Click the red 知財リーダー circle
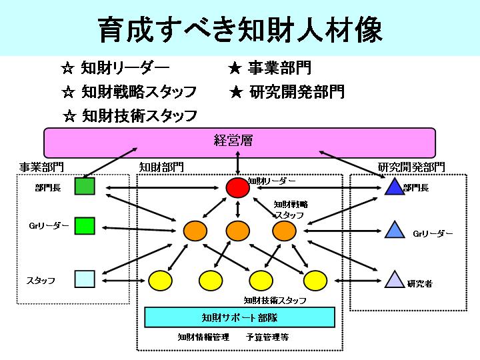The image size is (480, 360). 237,187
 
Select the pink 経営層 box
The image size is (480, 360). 240,143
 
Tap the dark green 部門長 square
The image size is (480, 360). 85,186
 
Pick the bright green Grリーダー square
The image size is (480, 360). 85,226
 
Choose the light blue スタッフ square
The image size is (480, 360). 85,279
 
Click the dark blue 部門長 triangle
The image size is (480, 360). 394,187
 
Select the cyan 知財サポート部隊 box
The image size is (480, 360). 240,317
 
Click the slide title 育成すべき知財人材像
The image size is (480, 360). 240,30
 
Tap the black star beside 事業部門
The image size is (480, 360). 235,68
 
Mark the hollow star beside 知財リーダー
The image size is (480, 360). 67,68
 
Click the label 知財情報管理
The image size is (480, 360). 203,337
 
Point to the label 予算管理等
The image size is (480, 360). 267,337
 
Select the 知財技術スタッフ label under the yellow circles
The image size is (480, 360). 275,300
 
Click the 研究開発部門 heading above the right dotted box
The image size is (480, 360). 411,167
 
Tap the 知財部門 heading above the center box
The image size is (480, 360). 161,167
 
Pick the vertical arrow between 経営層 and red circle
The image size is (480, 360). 238,163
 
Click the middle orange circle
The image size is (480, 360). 237,231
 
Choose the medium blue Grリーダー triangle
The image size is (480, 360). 395,230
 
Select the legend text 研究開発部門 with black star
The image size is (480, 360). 297,92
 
